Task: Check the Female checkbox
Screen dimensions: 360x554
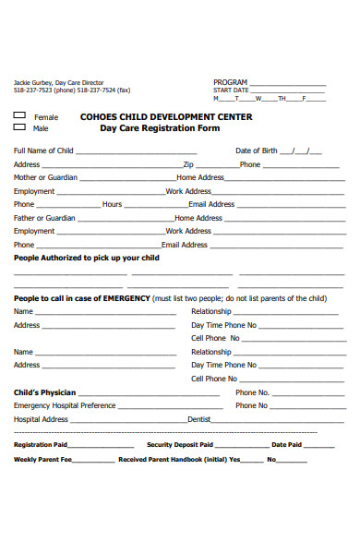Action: pyautogui.click(x=19, y=116)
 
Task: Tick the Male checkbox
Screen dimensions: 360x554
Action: pyautogui.click(x=19, y=128)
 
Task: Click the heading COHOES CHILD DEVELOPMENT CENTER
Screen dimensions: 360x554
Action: pyautogui.click(x=166, y=117)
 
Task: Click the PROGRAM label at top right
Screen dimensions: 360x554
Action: pyautogui.click(x=230, y=81)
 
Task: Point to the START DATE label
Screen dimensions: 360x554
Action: pyautogui.click(x=231, y=90)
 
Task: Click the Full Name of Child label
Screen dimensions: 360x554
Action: pyautogui.click(x=43, y=151)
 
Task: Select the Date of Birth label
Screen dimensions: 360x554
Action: pyautogui.click(x=256, y=151)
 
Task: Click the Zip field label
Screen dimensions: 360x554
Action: pyautogui.click(x=188, y=164)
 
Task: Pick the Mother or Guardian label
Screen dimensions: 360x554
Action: pyautogui.click(x=43, y=177)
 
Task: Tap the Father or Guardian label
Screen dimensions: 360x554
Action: pyautogui.click(x=42, y=218)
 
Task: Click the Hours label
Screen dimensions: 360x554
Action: pyautogui.click(x=112, y=204)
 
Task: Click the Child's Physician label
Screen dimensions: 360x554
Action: pyautogui.click(x=44, y=392)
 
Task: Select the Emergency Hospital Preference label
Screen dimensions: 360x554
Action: pyautogui.click(x=65, y=405)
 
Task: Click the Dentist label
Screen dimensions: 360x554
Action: pyautogui.click(x=199, y=419)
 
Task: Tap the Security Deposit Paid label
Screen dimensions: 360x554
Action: pyautogui.click(x=179, y=445)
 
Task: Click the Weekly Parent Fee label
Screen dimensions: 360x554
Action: pyautogui.click(x=42, y=459)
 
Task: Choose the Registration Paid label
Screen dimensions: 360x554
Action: pyautogui.click(x=40, y=445)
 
